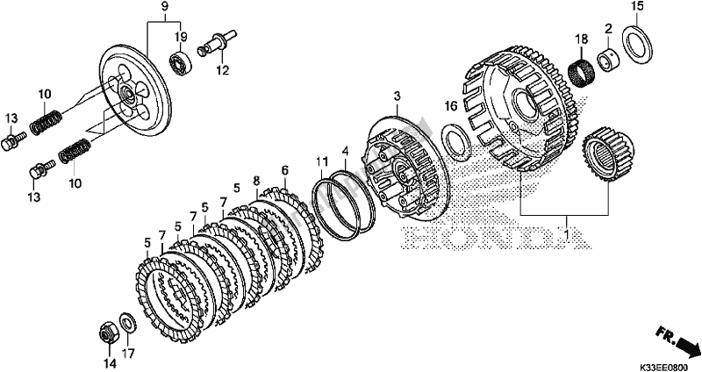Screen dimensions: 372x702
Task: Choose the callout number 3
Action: coord(398,94)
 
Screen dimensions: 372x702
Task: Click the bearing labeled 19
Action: coord(181,62)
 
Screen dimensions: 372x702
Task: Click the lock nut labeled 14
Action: coord(105,333)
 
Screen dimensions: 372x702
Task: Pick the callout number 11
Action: coord(323,161)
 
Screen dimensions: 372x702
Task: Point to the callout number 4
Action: coord(346,150)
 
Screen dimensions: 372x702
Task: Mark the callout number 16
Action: coord(450,106)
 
